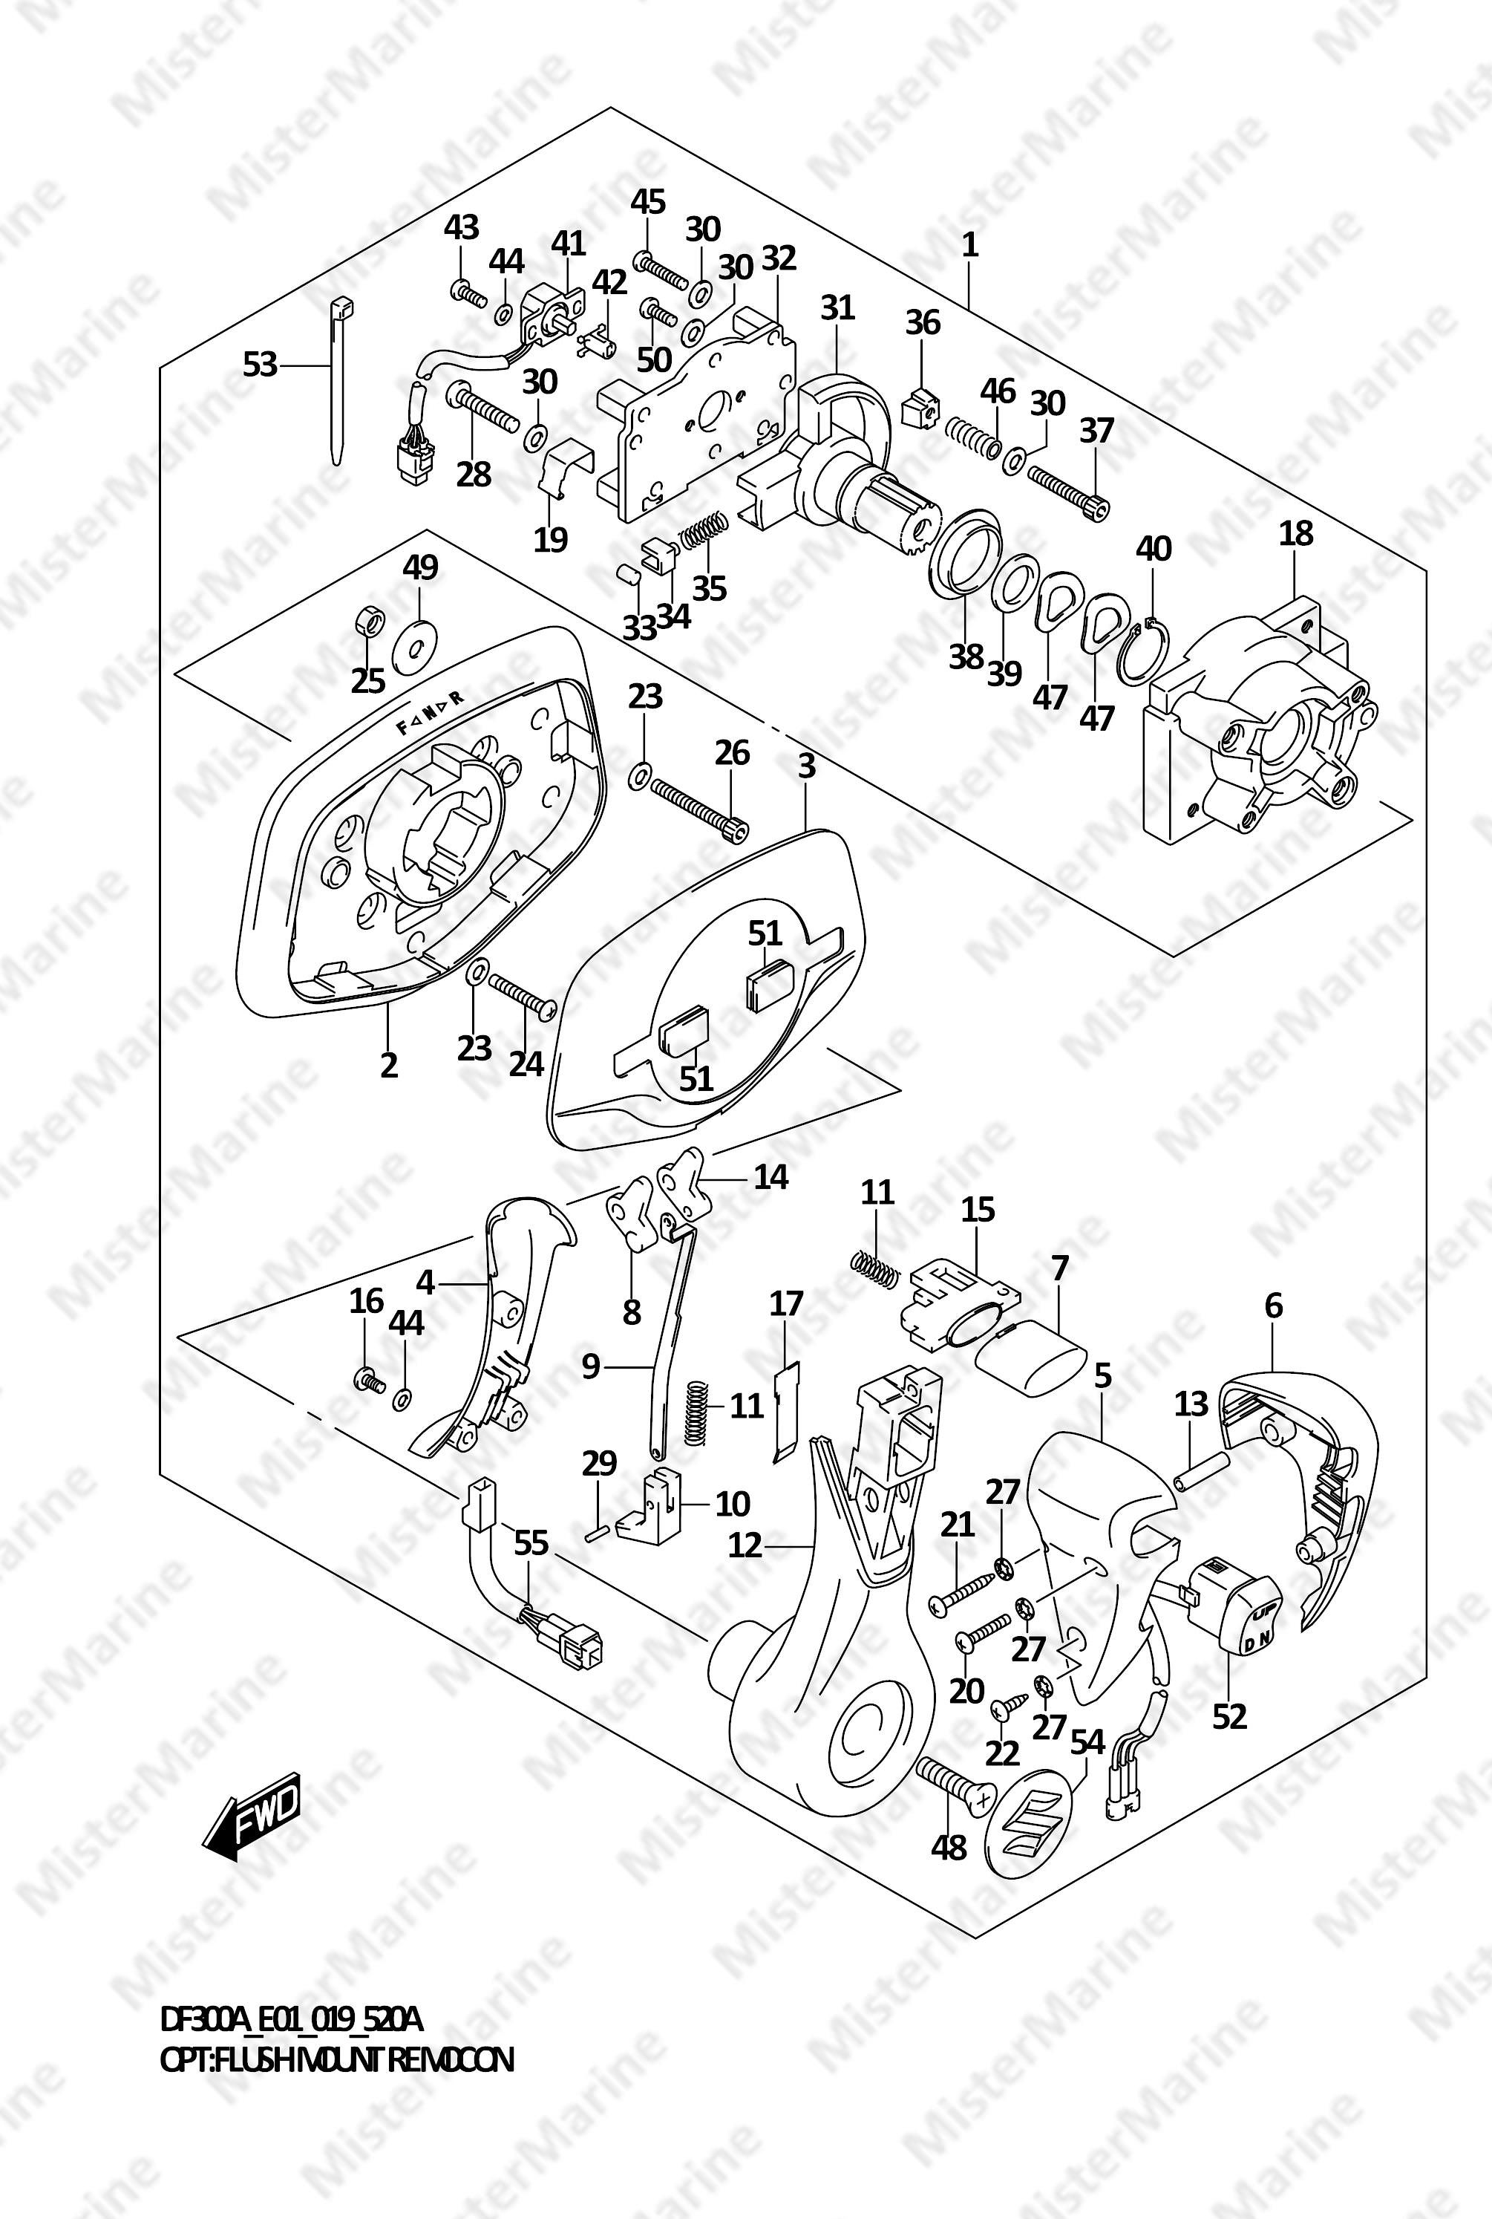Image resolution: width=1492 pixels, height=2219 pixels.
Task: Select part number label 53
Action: (x=260, y=365)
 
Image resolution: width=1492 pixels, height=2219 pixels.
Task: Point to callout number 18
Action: (x=1296, y=533)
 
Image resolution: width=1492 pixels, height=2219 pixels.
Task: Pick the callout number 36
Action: (x=922, y=323)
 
